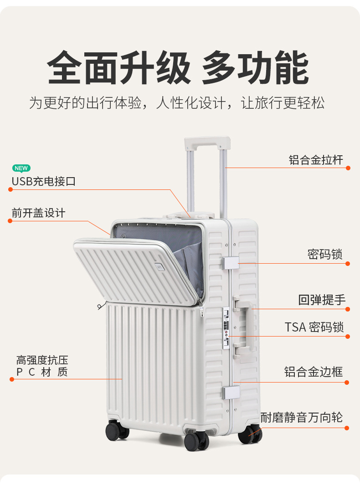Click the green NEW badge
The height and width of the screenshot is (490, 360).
[x=21, y=168]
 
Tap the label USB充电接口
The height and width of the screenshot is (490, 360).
[x=43, y=181]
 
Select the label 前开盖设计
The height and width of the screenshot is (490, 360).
[x=38, y=213]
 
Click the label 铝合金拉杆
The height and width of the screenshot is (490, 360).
[x=316, y=160]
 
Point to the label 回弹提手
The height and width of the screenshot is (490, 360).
[x=322, y=300]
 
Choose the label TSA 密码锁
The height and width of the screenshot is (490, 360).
[x=314, y=327]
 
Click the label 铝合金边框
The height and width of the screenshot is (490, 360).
[x=314, y=372]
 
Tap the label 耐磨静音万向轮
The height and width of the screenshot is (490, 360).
[x=301, y=417]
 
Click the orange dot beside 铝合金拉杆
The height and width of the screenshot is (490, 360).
[x=348, y=168]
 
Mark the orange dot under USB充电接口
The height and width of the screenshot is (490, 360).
[x=10, y=189]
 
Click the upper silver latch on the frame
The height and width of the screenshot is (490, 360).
[x=231, y=263]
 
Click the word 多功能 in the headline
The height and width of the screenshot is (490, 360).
[x=256, y=69]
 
